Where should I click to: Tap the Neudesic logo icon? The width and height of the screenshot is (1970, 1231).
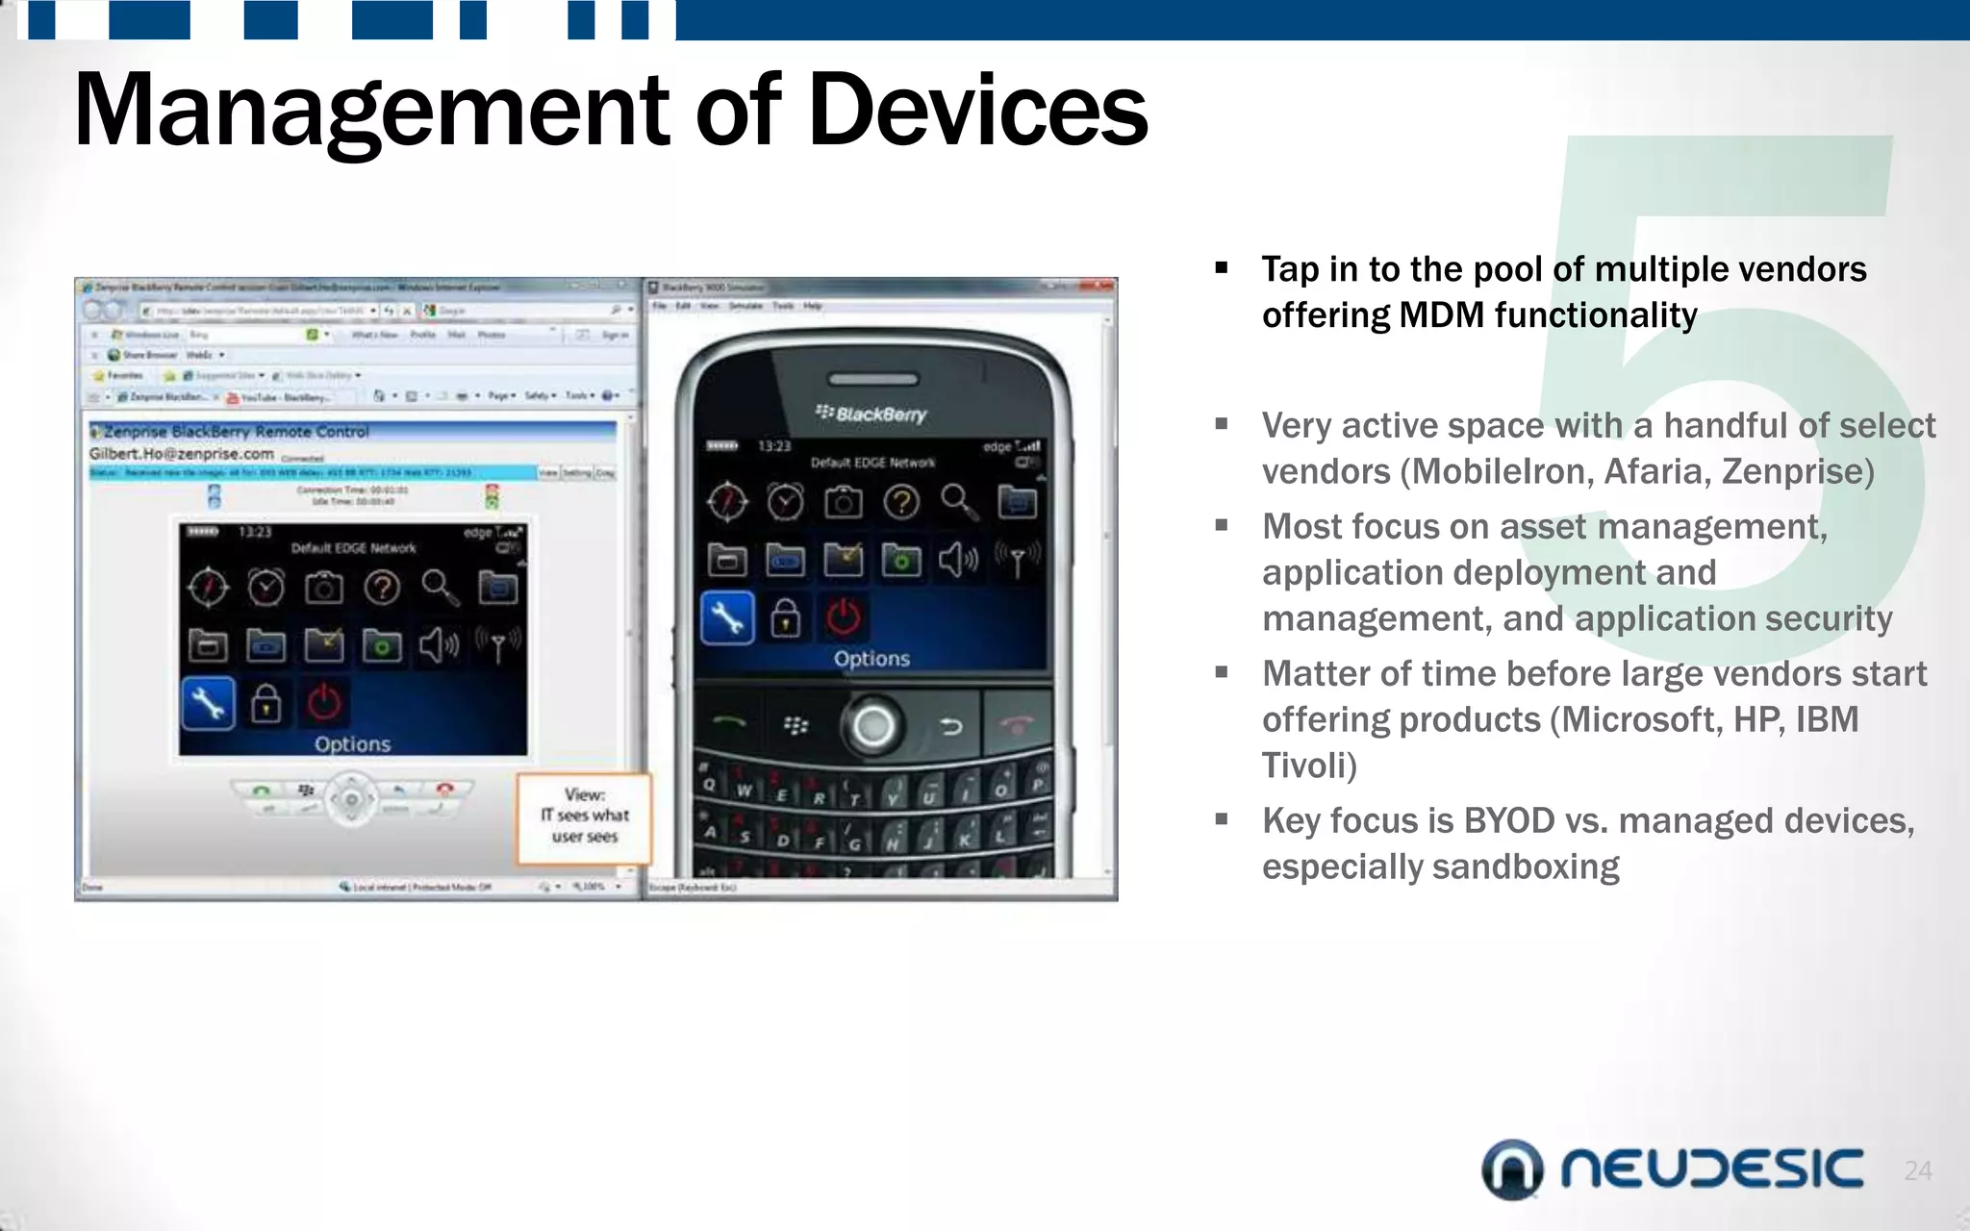[x=1511, y=1169]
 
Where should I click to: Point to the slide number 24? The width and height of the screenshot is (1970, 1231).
[x=1917, y=1170]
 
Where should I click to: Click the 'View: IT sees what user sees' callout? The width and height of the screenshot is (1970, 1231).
[x=584, y=816]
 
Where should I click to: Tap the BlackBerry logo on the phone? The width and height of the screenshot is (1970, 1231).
[x=871, y=414]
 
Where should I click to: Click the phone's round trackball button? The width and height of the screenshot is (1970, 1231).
[x=872, y=726]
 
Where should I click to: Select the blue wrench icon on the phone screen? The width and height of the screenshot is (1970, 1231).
[x=727, y=618]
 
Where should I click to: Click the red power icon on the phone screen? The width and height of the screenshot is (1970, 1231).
[x=843, y=618]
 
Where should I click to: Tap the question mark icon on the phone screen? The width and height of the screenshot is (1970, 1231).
[x=901, y=502]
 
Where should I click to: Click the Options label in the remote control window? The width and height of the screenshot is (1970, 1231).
[x=352, y=744]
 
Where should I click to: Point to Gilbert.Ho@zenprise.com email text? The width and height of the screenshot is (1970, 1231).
[x=182, y=454]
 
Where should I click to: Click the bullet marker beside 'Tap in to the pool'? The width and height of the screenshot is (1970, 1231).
[x=1222, y=269]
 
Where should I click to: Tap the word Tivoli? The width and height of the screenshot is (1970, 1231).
[x=1308, y=766]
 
